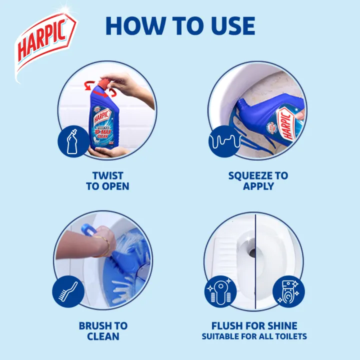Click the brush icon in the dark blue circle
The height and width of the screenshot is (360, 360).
coord(68,290)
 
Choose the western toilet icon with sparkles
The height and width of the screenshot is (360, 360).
coord(288,291)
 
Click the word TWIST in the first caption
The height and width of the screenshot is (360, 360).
coord(107,175)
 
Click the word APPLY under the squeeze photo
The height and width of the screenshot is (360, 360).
coord(258,186)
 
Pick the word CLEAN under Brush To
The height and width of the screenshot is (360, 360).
coord(103,336)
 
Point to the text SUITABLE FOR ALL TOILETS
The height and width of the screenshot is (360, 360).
coord(254,337)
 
